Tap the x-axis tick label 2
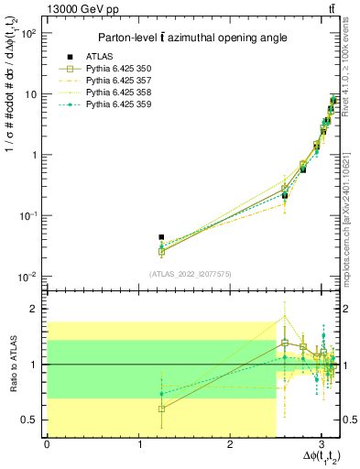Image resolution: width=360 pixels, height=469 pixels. tap(230, 445)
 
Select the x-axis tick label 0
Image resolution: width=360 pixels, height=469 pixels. tap(47, 445)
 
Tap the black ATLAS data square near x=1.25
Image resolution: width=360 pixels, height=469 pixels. tap(161, 237)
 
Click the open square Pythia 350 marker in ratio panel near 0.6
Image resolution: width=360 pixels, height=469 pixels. tap(161, 409)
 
